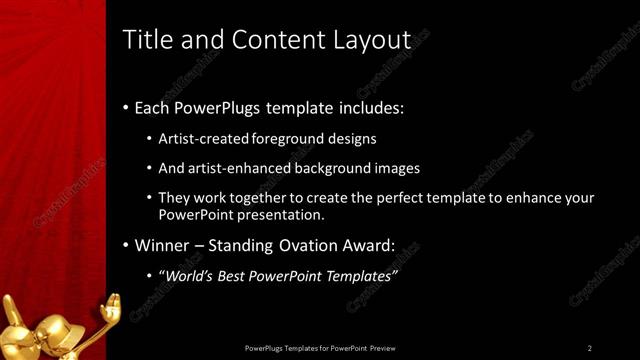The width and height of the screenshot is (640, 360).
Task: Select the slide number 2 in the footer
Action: (590, 347)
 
